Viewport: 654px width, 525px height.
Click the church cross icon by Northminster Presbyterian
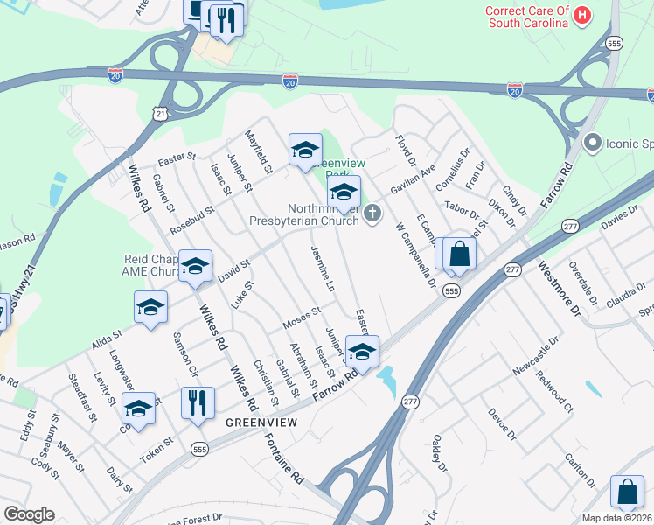pos(373,213)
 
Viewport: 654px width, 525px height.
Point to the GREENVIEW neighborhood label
pos(255,422)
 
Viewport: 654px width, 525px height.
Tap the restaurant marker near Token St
pos(198,403)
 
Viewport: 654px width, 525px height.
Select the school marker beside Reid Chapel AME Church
pos(195,266)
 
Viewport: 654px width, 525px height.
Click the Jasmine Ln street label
pos(319,269)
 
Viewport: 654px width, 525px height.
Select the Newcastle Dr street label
pos(534,358)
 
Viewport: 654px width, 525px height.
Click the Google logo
pos(29,514)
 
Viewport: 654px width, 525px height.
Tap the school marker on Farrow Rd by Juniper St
pos(361,352)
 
